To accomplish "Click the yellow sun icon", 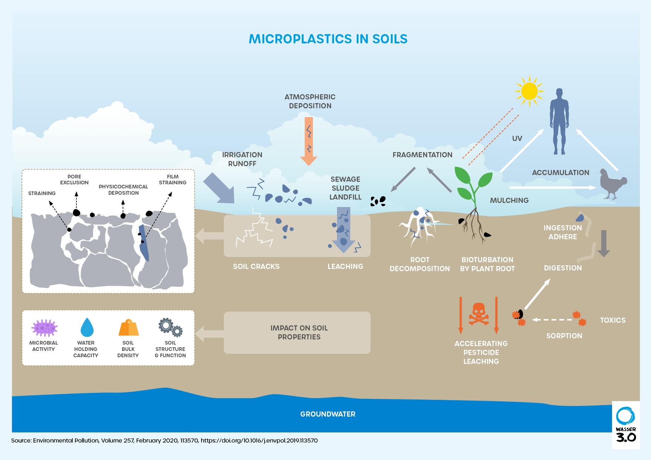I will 529,91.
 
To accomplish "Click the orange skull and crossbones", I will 478,314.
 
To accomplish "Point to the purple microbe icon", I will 44,328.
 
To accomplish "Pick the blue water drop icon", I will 87,327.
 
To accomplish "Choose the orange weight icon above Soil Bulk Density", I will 128,328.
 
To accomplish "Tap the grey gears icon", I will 170,327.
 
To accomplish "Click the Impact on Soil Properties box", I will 297,332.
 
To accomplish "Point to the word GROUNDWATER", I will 328,414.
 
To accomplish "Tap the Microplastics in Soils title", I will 328,39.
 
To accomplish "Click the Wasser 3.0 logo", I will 626,425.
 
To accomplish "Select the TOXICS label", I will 613,320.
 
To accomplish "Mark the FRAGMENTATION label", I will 422,155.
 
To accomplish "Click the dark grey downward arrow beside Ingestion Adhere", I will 603,243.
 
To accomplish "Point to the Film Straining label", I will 173,180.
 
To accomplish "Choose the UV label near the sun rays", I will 517,138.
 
